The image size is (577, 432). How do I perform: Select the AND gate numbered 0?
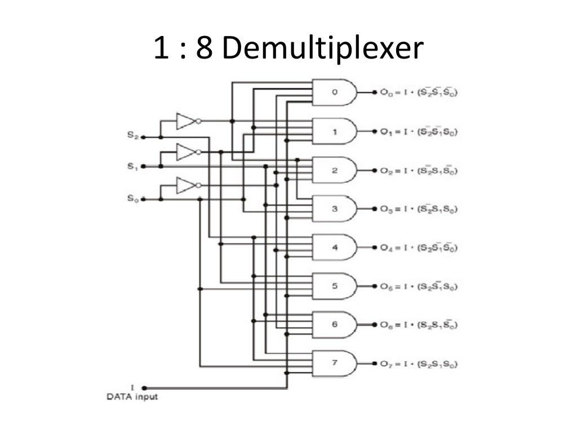pyautogui.click(x=335, y=92)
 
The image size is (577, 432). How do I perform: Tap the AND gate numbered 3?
pyautogui.click(x=335, y=209)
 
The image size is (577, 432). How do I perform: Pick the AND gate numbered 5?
pyautogui.click(x=335, y=286)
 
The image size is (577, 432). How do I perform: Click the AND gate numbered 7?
pyautogui.click(x=335, y=363)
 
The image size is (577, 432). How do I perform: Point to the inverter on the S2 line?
pyautogui.click(x=187, y=121)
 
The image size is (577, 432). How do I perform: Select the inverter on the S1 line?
pyautogui.click(x=187, y=152)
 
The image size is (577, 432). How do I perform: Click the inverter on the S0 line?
pyautogui.click(x=187, y=185)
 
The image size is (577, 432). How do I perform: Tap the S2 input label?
pyautogui.click(x=132, y=135)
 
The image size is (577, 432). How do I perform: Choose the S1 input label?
pyautogui.click(x=132, y=166)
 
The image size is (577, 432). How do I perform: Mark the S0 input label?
pyautogui.click(x=132, y=199)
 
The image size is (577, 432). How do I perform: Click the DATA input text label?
pyautogui.click(x=132, y=397)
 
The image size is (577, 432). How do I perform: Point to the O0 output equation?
pyautogui.click(x=418, y=92)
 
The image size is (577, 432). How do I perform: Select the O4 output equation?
pyautogui.click(x=418, y=247)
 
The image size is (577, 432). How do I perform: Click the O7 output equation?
pyautogui.click(x=418, y=363)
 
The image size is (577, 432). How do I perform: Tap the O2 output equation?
pyautogui.click(x=418, y=170)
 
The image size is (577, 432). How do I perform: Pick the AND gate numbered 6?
pyautogui.click(x=335, y=325)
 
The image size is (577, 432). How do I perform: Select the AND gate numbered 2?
pyautogui.click(x=335, y=170)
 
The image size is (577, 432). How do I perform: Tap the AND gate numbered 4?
pyautogui.click(x=335, y=247)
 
